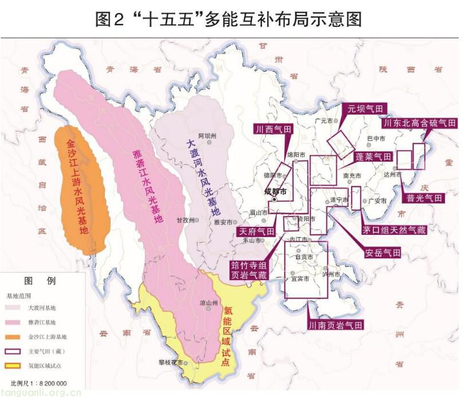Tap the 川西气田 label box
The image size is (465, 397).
[x=273, y=129]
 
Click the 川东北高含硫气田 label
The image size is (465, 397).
[x=420, y=123]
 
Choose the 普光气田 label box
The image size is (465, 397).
[x=424, y=198]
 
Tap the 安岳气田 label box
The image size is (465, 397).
[x=383, y=253]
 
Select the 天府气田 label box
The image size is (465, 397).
[x=256, y=231]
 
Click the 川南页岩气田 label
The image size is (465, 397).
[x=336, y=325]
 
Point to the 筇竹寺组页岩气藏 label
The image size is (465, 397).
[x=249, y=270]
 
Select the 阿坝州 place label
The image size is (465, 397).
[x=208, y=136]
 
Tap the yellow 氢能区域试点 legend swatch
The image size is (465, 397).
[x=14, y=365]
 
